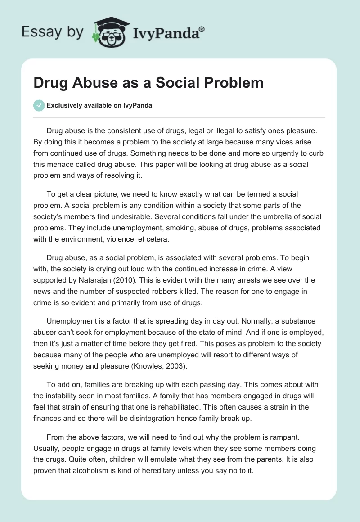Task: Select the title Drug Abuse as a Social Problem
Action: pos(148,83)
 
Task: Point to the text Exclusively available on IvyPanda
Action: pos(99,106)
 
